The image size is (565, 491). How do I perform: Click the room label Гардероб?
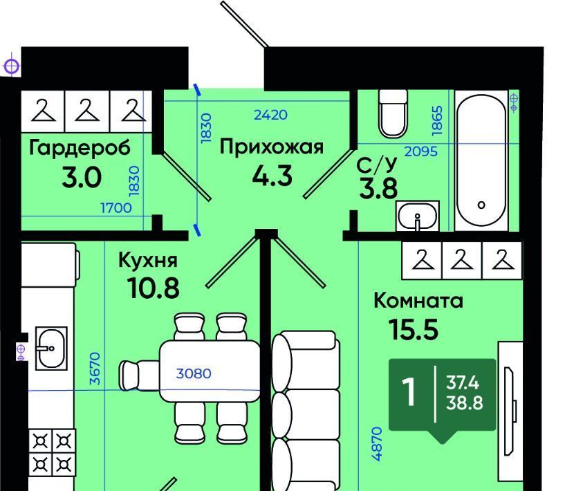[x=80, y=148]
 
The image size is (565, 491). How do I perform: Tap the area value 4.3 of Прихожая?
[x=272, y=176]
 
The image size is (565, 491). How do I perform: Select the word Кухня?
[x=148, y=260]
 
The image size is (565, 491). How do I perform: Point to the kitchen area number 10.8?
[x=153, y=288]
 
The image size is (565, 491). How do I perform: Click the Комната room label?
[x=418, y=301]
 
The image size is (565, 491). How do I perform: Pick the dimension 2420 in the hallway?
[x=270, y=115]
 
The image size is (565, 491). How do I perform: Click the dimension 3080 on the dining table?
[x=194, y=373]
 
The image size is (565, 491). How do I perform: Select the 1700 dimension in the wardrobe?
[x=116, y=208]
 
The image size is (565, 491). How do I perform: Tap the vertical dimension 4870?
[x=376, y=444]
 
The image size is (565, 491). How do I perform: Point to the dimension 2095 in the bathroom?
[x=421, y=151]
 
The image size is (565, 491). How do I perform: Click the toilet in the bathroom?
[x=393, y=113]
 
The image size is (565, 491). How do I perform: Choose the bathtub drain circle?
[x=481, y=205]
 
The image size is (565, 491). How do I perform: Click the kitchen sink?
[x=51, y=349]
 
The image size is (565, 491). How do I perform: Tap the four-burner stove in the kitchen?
[x=52, y=452]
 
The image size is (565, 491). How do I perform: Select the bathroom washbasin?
[x=418, y=216]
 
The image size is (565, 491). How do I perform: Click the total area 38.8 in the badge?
[x=464, y=402]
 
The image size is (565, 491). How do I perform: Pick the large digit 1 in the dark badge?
[x=409, y=392]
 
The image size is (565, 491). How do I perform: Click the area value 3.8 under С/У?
[x=378, y=188]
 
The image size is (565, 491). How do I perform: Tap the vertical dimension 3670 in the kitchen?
[x=95, y=369]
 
